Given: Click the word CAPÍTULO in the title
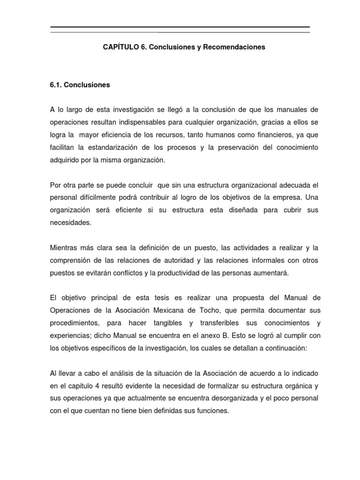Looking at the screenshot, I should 118,47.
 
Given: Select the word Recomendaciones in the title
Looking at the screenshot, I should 237,47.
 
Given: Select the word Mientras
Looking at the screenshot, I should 65,247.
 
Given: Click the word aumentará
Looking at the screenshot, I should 268,272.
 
